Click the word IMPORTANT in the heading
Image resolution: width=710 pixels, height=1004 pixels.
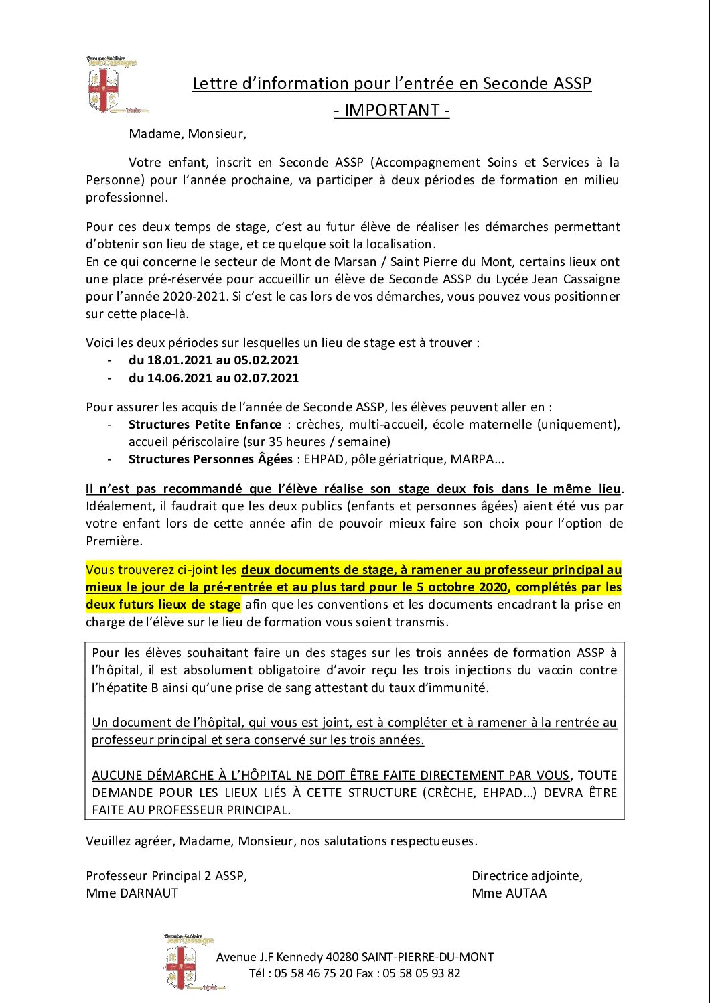(392, 110)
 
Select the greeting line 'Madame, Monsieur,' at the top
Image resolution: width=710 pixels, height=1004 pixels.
(188, 133)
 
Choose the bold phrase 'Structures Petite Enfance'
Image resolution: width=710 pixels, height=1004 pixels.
(205, 425)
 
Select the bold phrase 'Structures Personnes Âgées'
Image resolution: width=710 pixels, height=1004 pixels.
(210, 459)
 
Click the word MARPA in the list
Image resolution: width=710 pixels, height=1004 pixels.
(472, 459)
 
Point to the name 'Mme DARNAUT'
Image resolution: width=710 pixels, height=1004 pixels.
(132, 893)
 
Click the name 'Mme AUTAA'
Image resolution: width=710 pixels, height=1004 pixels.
(509, 893)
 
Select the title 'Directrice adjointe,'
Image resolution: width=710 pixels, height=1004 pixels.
(527, 875)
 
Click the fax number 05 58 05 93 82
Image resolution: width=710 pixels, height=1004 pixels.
(421, 973)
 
